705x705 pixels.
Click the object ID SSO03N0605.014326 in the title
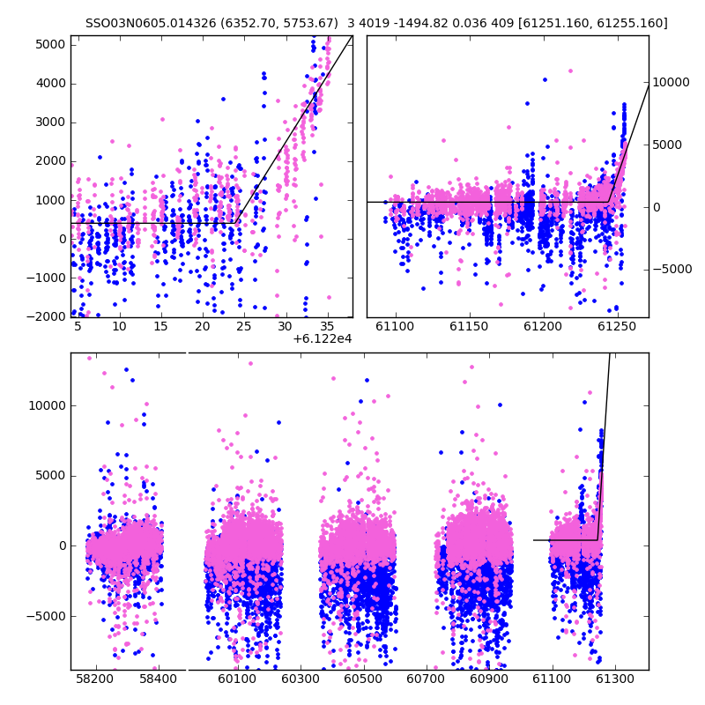151,23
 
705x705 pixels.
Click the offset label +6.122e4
322,338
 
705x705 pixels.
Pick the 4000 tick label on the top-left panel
50,84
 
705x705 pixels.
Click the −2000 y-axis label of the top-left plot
46,316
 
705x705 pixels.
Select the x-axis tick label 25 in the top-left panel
244,326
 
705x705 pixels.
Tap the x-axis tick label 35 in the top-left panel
327,326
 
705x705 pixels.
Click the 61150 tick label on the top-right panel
469,326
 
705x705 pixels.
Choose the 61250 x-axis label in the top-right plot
617,326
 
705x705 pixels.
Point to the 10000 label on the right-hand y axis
671,82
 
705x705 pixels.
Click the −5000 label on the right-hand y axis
672,270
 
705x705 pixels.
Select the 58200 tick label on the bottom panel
94,679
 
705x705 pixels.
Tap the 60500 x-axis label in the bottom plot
362,679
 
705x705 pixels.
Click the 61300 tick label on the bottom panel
614,679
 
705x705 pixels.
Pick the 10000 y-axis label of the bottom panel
48,405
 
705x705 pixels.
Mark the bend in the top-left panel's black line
235,223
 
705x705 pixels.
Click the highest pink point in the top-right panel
570,71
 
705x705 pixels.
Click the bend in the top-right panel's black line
609,202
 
